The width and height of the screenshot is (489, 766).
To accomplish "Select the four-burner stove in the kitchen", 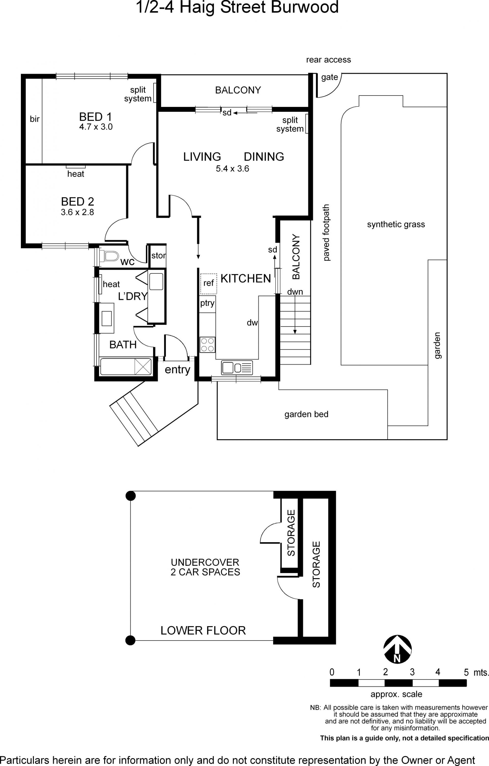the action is pos(207,345).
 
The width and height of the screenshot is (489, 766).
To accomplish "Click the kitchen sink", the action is pos(237,368).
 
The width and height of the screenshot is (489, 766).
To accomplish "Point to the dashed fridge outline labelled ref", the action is pos(209,284).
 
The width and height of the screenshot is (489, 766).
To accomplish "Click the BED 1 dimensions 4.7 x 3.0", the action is pos(96,127).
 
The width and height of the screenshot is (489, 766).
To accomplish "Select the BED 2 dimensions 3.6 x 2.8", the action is pos(77,212).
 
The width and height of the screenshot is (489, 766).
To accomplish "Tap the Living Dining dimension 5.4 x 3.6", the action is pos(232,169).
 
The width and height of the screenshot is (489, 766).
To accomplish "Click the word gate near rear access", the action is pos(330,77).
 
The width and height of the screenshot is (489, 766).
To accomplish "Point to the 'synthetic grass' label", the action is pos(396,225).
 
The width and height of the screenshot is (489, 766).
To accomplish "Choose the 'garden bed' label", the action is pos(306,414).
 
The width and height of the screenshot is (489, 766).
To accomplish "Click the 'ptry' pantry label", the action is pos(207,303).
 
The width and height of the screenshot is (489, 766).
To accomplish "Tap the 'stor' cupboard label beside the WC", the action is pos(158,255).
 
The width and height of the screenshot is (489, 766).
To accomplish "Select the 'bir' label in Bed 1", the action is pos(35,119).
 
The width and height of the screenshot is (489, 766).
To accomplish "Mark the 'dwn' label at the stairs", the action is pos(295,292).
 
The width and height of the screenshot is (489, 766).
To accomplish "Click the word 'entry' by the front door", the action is pos(177,370).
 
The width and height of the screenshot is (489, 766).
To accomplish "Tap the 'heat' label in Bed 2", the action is pos(76,174).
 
